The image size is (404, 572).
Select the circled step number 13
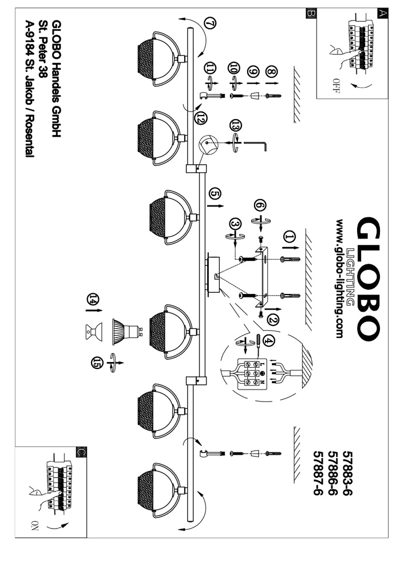[x=233, y=125]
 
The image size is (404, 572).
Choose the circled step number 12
[x=200, y=118]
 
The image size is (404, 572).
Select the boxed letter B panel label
[x=310, y=13]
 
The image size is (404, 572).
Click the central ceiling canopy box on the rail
[x=212, y=275]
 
